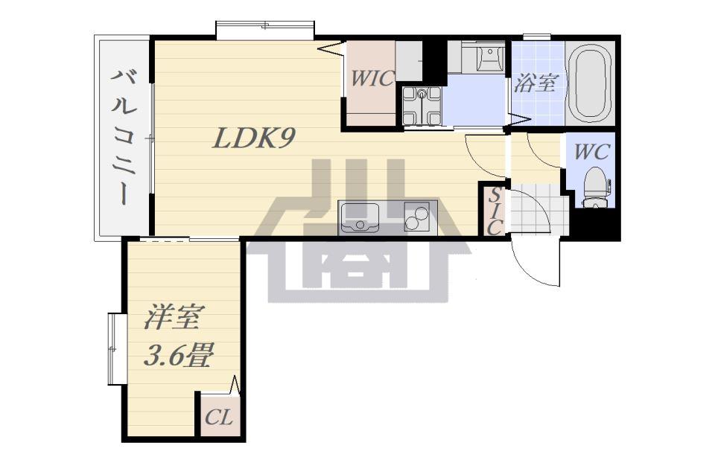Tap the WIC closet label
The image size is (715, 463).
371,78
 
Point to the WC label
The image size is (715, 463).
591,152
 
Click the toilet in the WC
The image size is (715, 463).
594,188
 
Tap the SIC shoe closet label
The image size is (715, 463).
494,212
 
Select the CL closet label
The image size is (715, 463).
219,417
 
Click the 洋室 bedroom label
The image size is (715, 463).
171,316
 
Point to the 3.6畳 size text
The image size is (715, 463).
178,356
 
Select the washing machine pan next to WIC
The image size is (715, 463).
422,106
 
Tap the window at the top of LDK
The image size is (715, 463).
265,30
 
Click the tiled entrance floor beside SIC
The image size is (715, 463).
539,209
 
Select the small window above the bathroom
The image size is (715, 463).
537,37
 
